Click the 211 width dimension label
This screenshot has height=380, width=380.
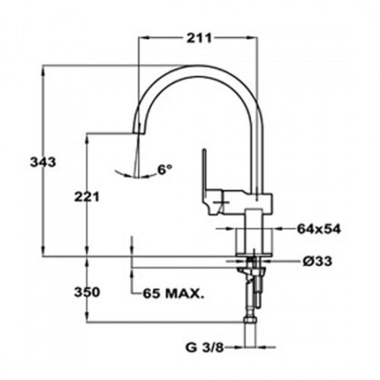click(x=199, y=38)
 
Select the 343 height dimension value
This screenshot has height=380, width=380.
click(x=43, y=162)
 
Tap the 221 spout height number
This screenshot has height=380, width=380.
click(x=87, y=197)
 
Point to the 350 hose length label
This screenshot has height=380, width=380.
click(x=87, y=292)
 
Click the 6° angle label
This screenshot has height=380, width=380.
click(x=165, y=169)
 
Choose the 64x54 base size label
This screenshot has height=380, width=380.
click(x=319, y=229)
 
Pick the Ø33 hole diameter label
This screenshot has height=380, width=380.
click(x=317, y=261)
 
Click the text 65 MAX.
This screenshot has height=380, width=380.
click(x=173, y=293)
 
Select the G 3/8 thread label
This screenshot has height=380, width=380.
click(x=204, y=348)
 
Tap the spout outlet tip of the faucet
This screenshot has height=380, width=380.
click(x=138, y=133)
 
